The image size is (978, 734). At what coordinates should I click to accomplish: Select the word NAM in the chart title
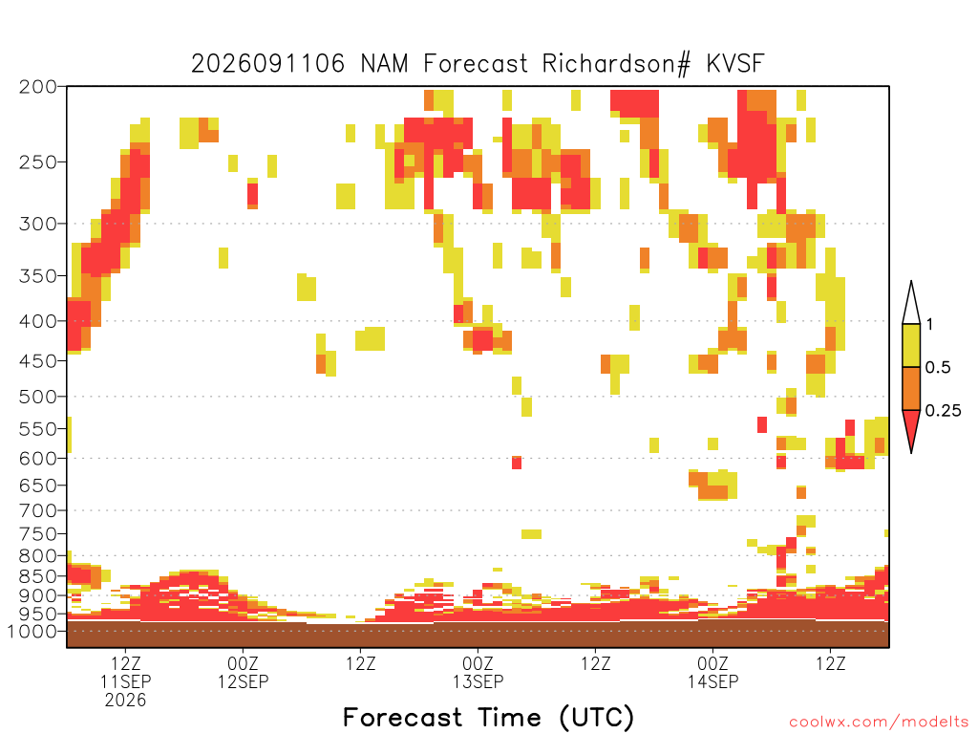click(x=384, y=64)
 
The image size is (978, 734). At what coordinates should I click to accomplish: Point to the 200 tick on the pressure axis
click(x=37, y=87)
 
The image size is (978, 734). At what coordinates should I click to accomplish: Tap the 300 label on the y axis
click(x=37, y=224)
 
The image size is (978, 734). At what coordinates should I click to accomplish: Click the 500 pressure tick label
click(x=37, y=397)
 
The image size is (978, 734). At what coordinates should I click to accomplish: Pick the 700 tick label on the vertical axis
click(x=37, y=510)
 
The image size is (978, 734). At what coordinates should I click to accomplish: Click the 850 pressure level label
click(x=37, y=576)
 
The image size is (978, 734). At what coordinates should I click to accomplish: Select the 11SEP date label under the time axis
click(x=126, y=681)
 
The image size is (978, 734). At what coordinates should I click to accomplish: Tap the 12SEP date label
click(x=244, y=681)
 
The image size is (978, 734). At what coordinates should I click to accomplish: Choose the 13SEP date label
click(x=478, y=681)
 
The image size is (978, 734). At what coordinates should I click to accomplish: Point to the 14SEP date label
click(x=712, y=681)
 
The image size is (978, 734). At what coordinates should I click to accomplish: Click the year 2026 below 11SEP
click(x=125, y=701)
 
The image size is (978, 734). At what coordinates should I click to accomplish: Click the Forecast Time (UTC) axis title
click(x=489, y=718)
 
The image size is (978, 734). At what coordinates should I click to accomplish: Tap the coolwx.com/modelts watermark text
click(x=879, y=723)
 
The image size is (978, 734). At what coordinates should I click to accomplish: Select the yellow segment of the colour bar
click(x=911, y=345)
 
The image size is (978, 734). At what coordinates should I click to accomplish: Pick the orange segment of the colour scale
click(x=911, y=388)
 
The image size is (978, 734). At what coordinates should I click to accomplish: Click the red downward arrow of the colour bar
click(x=911, y=427)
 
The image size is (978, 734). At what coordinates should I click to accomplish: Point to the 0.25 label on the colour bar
click(x=943, y=411)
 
